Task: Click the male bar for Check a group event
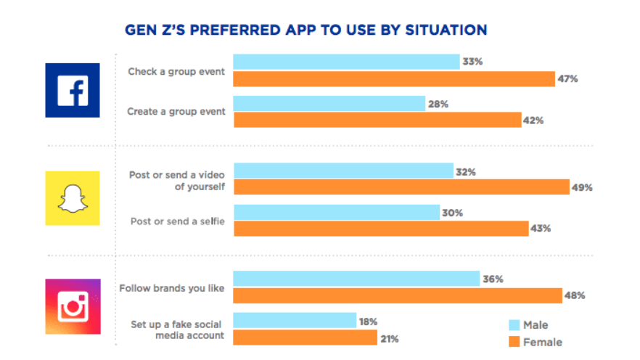click(x=345, y=62)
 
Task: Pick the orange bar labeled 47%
click(x=393, y=78)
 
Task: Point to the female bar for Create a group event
click(x=377, y=120)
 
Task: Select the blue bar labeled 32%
click(x=342, y=171)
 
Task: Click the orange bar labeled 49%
click(x=401, y=187)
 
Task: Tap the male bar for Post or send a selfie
click(x=336, y=213)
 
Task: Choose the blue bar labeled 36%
click(x=356, y=279)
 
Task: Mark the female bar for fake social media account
click(x=305, y=337)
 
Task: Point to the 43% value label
click(x=541, y=228)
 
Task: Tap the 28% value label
click(x=438, y=104)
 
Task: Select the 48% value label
click(x=575, y=295)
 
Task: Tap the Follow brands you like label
click(x=171, y=287)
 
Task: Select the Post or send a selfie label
click(x=176, y=220)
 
